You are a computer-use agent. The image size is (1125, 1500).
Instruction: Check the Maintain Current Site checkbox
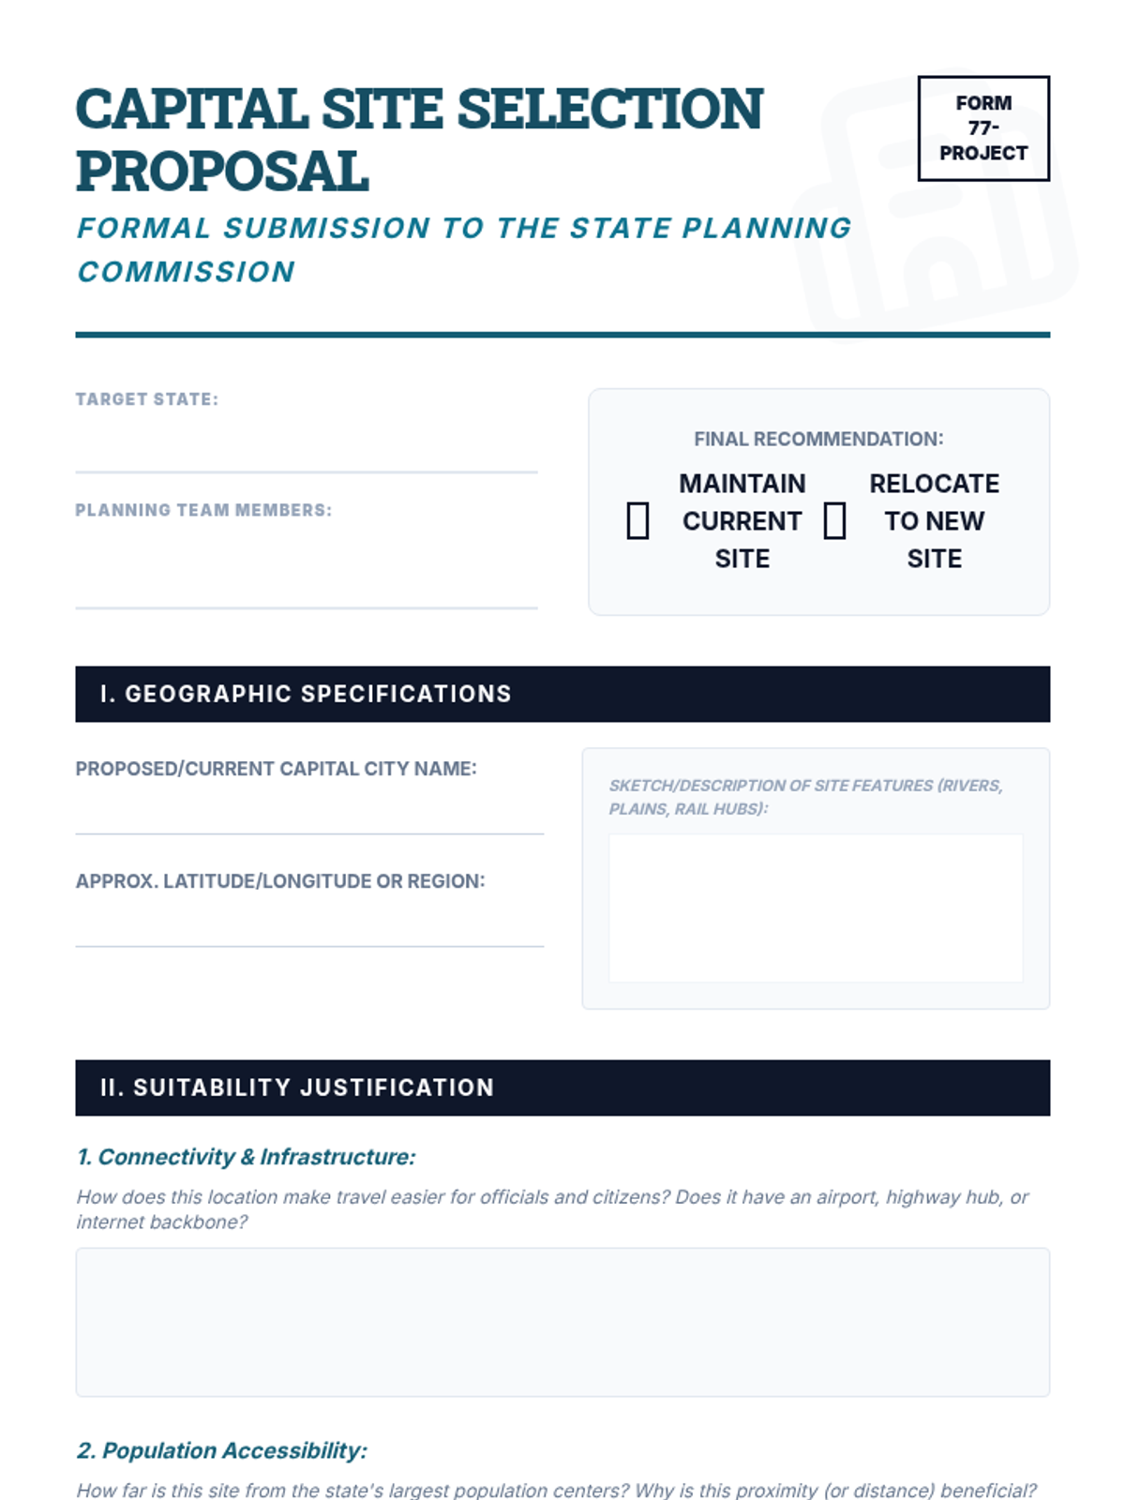[637, 520]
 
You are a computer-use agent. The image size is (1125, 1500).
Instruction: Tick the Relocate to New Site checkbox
[834, 520]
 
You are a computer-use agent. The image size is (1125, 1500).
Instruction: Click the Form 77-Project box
[983, 128]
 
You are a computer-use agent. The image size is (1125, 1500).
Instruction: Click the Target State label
[146, 399]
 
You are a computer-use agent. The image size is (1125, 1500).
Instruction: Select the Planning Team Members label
[203, 510]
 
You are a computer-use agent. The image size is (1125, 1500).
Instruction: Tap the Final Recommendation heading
[818, 439]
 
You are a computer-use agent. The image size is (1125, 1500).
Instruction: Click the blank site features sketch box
[816, 907]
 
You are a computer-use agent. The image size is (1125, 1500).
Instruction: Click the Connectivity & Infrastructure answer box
[562, 1322]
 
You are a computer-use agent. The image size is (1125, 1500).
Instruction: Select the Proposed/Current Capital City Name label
[276, 769]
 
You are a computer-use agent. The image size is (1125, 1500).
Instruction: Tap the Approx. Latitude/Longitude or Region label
[280, 881]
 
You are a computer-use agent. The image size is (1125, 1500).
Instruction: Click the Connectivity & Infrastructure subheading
[246, 1157]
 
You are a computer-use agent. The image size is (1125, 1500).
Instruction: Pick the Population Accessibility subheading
[221, 1450]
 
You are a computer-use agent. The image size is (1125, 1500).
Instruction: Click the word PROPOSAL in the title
[222, 172]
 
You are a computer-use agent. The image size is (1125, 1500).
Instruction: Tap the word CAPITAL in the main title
[191, 109]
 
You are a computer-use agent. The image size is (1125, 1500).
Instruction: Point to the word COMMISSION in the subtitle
[186, 272]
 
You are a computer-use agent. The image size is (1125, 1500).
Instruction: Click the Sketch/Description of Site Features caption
[805, 797]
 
